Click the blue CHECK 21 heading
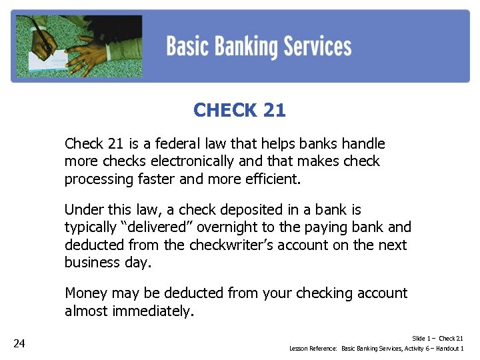pos(239,110)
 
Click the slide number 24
pos(19,343)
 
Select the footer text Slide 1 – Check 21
pos(437,339)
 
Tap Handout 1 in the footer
pos(449,349)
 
